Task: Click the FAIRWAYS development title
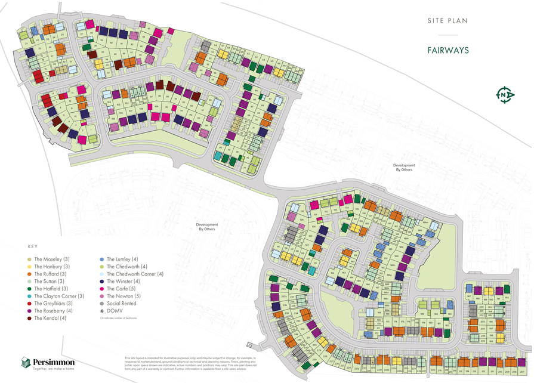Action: (x=447, y=50)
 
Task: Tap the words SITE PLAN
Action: (x=447, y=21)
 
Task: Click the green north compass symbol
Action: (x=505, y=94)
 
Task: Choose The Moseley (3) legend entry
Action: (x=52, y=259)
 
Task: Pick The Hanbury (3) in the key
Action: (x=52, y=266)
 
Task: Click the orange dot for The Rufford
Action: (x=30, y=274)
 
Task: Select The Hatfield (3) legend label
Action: (x=52, y=289)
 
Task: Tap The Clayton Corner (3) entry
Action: (x=58, y=296)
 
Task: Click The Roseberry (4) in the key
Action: (x=53, y=311)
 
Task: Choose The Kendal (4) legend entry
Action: (x=51, y=318)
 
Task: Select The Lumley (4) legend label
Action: (x=122, y=259)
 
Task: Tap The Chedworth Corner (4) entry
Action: (x=131, y=274)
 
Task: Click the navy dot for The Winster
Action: (x=102, y=281)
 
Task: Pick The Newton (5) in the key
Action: (x=123, y=296)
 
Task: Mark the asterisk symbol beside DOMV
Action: (x=102, y=311)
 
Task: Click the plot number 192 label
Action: (x=506, y=296)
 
